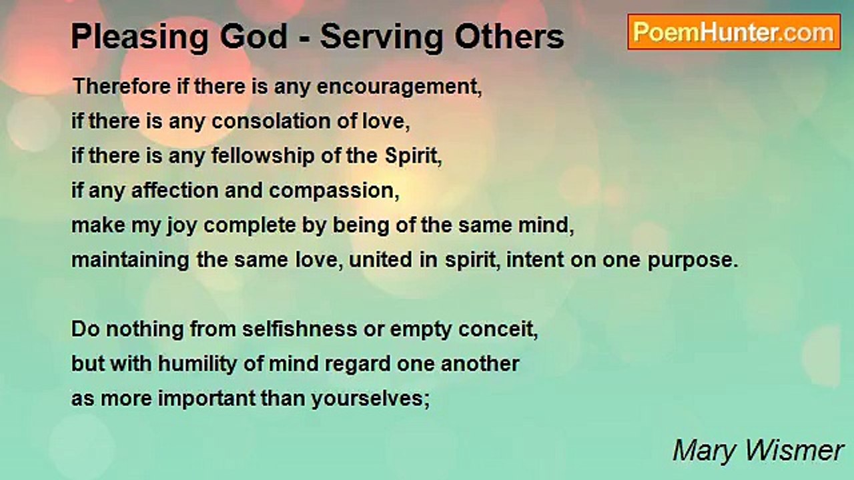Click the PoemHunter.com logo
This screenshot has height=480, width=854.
pyautogui.click(x=734, y=32)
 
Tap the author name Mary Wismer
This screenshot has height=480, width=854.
pyautogui.click(x=758, y=451)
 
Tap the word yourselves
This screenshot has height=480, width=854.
pyautogui.click(x=374, y=399)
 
